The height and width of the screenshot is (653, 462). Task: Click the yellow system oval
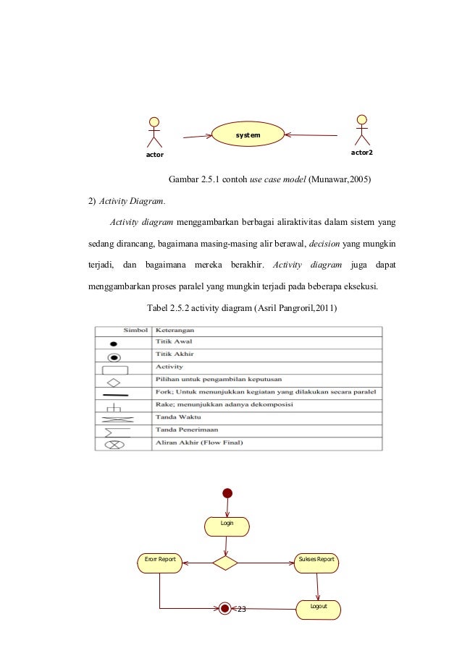click(x=247, y=135)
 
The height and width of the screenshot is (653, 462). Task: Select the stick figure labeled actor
click(x=154, y=133)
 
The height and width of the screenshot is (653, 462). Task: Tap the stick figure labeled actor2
click(x=361, y=131)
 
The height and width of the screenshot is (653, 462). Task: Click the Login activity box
click(x=227, y=526)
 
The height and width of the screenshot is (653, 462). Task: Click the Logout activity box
click(x=319, y=609)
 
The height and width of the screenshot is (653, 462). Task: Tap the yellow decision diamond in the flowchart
click(x=225, y=563)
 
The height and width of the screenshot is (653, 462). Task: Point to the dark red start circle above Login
click(x=227, y=493)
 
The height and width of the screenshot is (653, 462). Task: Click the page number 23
click(x=242, y=610)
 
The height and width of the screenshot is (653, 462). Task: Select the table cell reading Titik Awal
click(x=172, y=342)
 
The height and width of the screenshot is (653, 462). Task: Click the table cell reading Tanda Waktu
click(x=175, y=417)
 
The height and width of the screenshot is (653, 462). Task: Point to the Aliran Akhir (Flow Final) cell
click(x=199, y=443)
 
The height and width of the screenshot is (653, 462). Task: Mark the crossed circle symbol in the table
click(x=114, y=443)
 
